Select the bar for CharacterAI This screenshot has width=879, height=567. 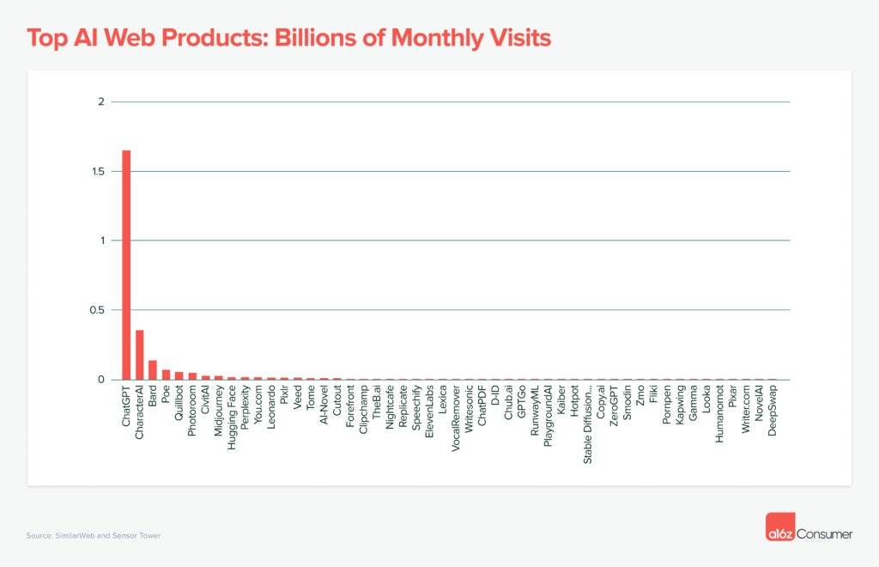point(140,355)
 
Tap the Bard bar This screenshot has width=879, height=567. point(153,369)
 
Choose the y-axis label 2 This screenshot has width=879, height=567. point(100,102)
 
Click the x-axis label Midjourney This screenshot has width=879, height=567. point(219,413)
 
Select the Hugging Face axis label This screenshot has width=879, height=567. point(232,418)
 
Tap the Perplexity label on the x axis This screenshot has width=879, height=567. point(246,412)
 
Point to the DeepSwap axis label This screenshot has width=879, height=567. point(773,412)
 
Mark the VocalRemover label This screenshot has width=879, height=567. point(456,419)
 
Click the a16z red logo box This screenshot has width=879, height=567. point(779,527)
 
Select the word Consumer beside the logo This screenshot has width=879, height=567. point(825,534)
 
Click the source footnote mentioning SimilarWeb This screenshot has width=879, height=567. point(94,535)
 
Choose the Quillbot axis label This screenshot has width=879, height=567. point(179,409)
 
